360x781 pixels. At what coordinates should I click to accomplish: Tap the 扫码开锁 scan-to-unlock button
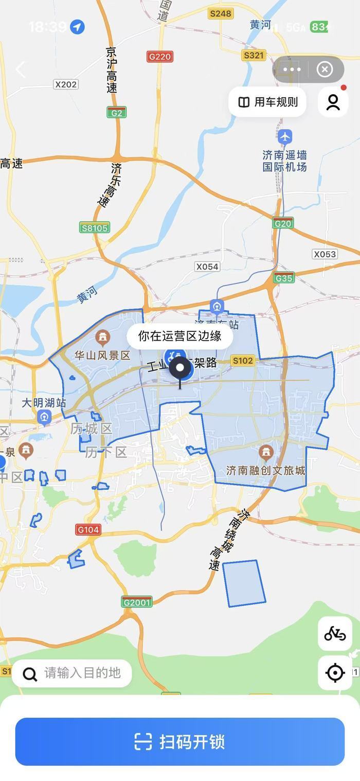point(179,741)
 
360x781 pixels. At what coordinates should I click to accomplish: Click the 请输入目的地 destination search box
point(72,673)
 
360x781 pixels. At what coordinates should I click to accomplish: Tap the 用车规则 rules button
point(267,102)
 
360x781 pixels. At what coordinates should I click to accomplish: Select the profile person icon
point(333,102)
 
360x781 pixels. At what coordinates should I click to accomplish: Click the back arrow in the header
point(21,69)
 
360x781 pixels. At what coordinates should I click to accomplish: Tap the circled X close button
point(325,69)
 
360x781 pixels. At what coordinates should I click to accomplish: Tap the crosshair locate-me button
point(335,672)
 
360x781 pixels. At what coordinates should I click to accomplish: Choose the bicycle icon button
point(335,634)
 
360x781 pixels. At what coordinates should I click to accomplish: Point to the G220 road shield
point(159,57)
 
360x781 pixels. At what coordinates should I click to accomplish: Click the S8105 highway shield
point(95,227)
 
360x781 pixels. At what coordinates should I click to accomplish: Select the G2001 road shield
point(137,602)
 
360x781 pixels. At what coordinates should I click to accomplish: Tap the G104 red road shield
point(88,529)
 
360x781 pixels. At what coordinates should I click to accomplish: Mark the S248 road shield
point(221,13)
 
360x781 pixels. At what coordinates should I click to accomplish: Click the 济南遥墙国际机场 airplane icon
point(285,137)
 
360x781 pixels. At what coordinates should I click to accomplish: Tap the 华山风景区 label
point(102,356)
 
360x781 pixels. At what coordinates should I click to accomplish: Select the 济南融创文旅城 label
point(266,470)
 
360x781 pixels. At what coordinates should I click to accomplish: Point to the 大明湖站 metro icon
point(44,417)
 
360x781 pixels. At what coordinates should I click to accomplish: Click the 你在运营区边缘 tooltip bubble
point(179,336)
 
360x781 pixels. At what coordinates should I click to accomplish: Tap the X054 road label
point(207,267)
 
